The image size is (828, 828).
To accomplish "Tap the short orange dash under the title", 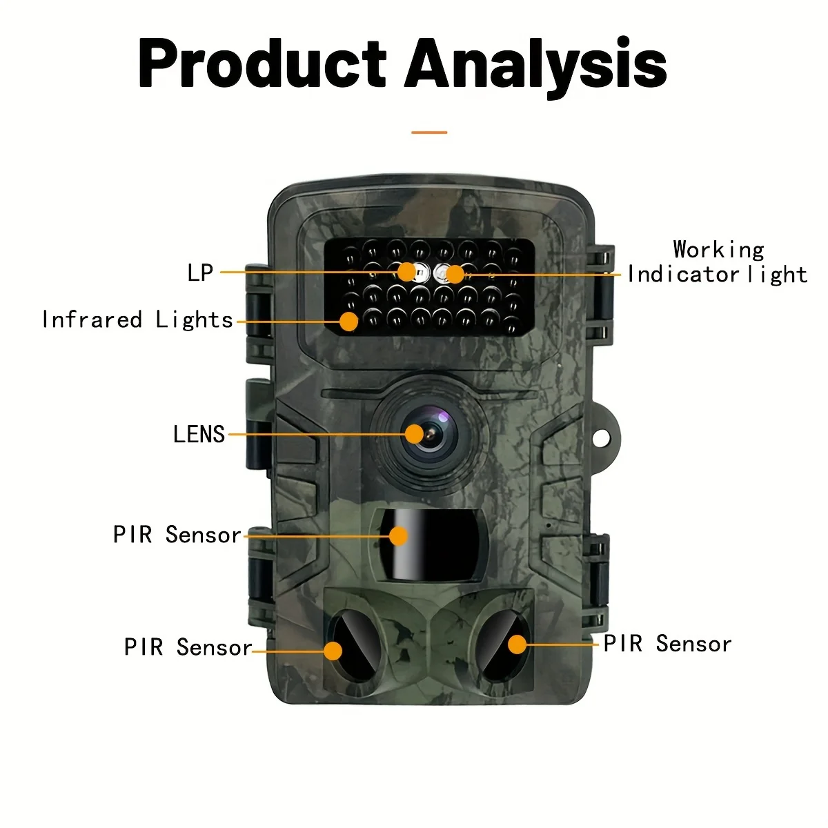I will click(429, 132).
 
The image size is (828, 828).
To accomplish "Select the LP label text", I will click(200, 273).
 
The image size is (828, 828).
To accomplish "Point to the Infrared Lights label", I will click(137, 320).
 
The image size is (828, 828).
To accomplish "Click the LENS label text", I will click(199, 435).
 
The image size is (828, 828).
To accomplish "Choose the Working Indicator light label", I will click(718, 262).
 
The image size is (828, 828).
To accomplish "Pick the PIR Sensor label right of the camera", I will click(667, 644).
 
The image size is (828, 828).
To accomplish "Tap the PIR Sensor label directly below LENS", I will click(177, 535).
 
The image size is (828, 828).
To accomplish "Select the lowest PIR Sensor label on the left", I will click(188, 647).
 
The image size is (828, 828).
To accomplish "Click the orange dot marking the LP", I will click(407, 271).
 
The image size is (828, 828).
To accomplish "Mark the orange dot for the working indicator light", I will click(454, 274).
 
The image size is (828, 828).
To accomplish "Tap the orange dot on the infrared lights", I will click(349, 321).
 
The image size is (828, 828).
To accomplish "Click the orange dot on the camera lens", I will click(414, 434).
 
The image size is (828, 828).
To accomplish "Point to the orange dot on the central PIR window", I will click(398, 536).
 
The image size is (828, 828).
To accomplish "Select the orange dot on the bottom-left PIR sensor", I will click(333, 651).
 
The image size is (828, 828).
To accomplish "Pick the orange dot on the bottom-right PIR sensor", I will click(517, 644).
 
